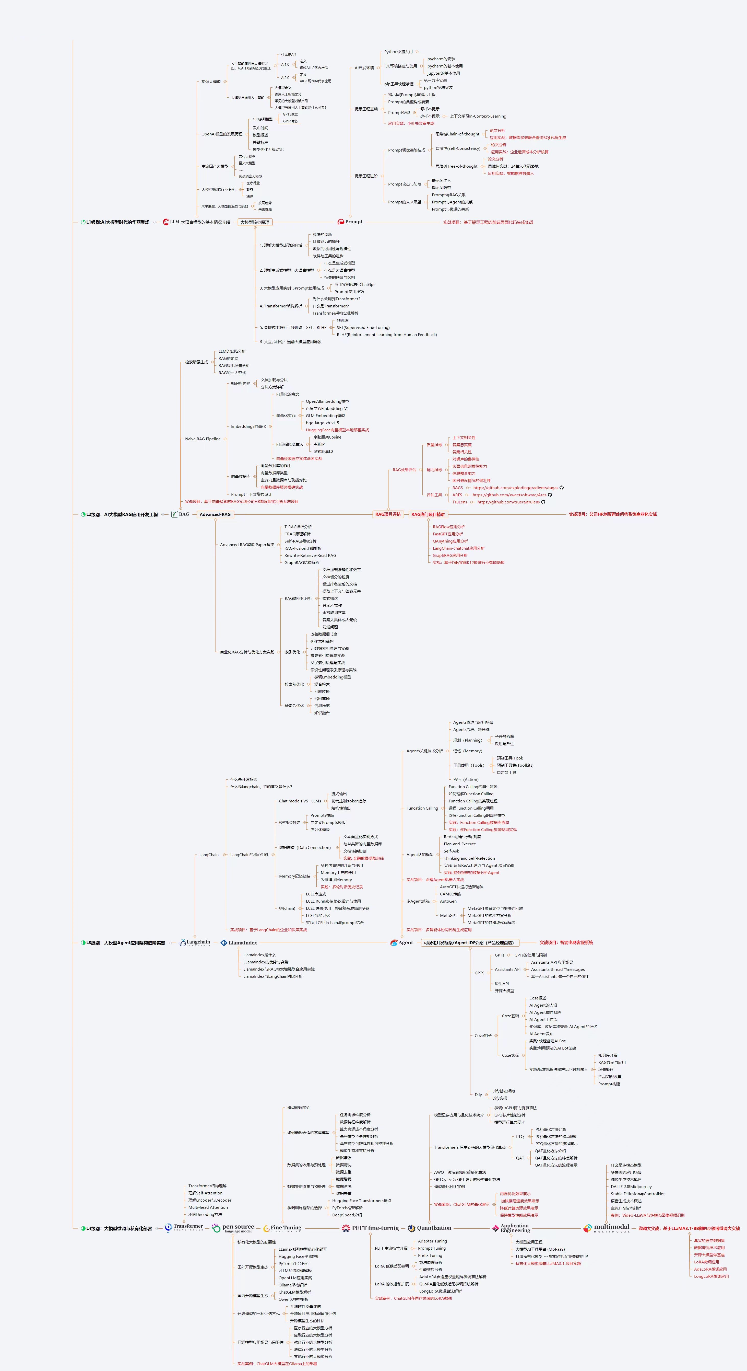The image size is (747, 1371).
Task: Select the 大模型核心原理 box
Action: click(254, 222)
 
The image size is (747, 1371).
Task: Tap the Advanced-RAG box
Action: click(215, 514)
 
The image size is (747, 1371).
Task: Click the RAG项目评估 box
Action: click(388, 514)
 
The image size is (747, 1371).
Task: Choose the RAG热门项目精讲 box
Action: click(428, 514)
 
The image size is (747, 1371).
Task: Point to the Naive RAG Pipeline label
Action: click(203, 439)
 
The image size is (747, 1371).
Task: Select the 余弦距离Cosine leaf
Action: click(327, 437)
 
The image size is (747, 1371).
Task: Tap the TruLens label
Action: click(460, 502)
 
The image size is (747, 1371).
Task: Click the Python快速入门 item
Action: click(398, 52)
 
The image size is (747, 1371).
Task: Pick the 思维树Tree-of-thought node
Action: click(457, 166)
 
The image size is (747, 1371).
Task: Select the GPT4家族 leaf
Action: click(291, 121)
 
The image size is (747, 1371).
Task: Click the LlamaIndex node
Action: click(243, 942)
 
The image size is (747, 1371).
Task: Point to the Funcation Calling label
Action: click(422, 808)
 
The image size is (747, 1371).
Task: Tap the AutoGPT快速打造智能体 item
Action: click(461, 887)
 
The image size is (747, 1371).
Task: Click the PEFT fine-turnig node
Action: click(375, 1228)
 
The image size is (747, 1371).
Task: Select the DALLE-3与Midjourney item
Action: click(631, 1186)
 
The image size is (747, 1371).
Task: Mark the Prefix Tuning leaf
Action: click(430, 1255)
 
